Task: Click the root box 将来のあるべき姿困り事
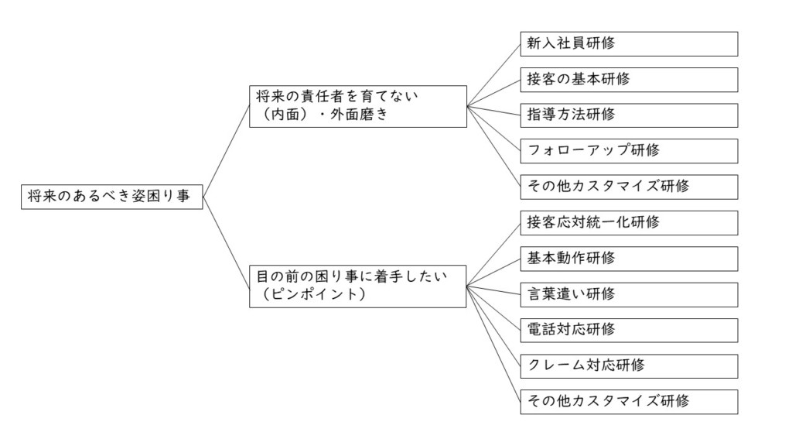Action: (x=111, y=197)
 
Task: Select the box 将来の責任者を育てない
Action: (x=358, y=106)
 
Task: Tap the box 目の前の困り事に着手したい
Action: (x=357, y=286)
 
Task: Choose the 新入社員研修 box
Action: (x=629, y=44)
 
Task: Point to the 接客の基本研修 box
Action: (x=629, y=80)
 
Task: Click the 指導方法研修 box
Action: (x=629, y=115)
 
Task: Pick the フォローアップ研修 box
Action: (x=629, y=151)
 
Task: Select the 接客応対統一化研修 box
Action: (x=629, y=223)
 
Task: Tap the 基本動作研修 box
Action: (x=629, y=259)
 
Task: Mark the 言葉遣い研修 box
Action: (x=629, y=295)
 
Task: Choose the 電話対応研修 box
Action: (x=629, y=330)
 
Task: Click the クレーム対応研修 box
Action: (x=629, y=366)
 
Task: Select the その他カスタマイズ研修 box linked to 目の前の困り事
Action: (x=629, y=402)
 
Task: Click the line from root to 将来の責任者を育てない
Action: (x=227, y=151)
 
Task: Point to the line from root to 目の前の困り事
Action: (x=227, y=242)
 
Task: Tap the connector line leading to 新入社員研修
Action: (x=493, y=75)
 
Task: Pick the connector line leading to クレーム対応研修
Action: (x=493, y=326)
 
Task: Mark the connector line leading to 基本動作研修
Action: (x=493, y=273)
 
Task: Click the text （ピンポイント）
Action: (x=314, y=294)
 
